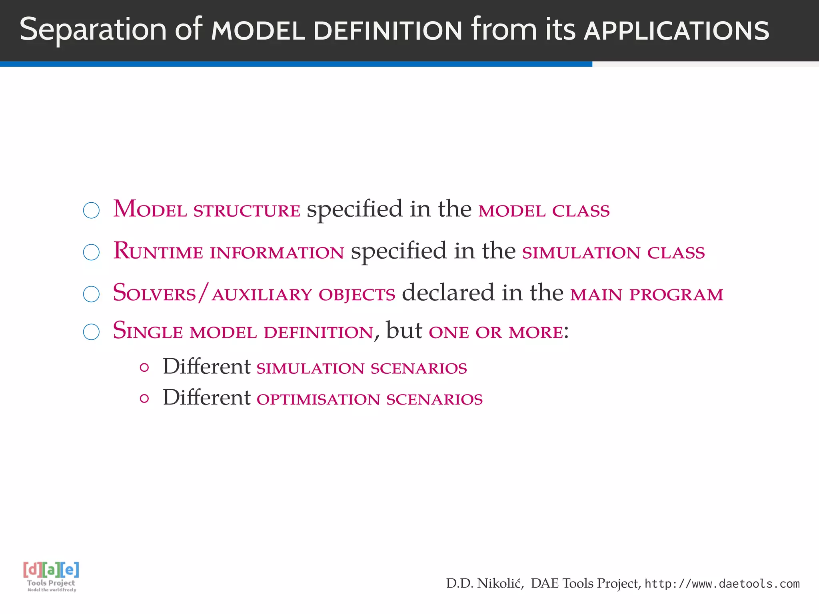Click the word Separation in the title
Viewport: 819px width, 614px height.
[93, 30]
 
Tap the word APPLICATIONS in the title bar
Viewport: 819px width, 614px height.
[676, 31]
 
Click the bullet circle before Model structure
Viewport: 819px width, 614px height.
[91, 210]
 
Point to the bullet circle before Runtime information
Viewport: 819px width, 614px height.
[91, 252]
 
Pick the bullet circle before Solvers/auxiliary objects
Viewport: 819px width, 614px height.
[91, 294]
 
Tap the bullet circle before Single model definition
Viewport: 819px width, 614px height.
[91, 332]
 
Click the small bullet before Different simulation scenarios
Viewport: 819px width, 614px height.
[145, 367]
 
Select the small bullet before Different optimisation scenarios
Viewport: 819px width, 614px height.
[145, 399]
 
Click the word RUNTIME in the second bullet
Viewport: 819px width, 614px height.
[158, 251]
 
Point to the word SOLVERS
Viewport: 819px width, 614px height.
[154, 293]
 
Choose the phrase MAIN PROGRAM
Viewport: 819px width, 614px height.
[647, 294]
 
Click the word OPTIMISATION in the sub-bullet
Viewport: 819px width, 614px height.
[318, 399]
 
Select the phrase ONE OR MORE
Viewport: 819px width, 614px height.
[496, 332]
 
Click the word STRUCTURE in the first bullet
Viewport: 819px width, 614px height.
[247, 211]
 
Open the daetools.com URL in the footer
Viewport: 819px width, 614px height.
[722, 584]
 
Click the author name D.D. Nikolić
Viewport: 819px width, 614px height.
[485, 584]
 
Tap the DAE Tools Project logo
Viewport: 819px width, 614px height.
[51, 576]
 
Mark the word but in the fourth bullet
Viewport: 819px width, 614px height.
[404, 331]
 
